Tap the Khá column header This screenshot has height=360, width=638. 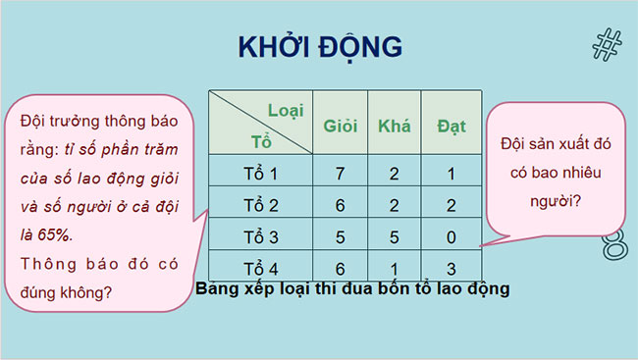pyautogui.click(x=394, y=126)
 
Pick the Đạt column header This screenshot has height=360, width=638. pyautogui.click(x=452, y=126)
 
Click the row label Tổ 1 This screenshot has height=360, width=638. pyautogui.click(x=261, y=174)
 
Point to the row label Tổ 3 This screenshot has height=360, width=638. pyautogui.click(x=261, y=236)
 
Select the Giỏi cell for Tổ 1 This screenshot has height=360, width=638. pyautogui.click(x=340, y=174)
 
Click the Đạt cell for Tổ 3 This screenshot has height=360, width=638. pyautogui.click(x=451, y=236)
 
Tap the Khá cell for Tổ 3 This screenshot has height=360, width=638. pyautogui.click(x=394, y=236)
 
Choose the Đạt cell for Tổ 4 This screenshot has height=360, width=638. pyautogui.click(x=451, y=268)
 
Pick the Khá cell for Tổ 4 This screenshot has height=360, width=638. pyautogui.click(x=394, y=268)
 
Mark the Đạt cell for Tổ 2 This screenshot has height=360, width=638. pyautogui.click(x=451, y=205)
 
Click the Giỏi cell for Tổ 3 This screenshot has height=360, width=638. pyautogui.click(x=340, y=236)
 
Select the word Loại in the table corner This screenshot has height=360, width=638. pyautogui.click(x=286, y=111)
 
